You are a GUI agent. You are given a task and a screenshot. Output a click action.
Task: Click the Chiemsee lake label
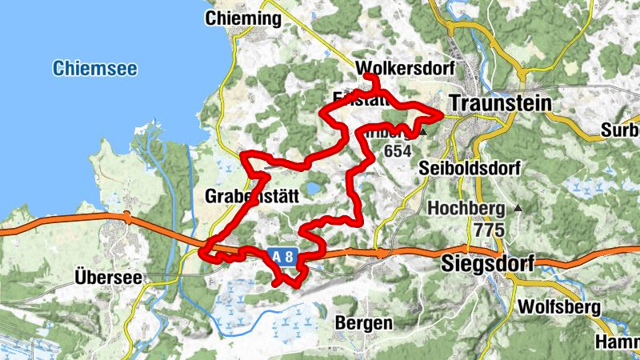tap(91, 68)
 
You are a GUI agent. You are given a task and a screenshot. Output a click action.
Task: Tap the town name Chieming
tap(243, 18)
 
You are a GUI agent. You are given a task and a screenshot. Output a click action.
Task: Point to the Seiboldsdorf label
tap(470, 169)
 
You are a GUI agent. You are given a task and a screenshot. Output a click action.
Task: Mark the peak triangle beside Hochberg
tap(518, 208)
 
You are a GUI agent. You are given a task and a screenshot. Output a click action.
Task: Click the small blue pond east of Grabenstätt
tap(314, 189)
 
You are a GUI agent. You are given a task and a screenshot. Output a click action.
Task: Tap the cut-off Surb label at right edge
tap(622, 130)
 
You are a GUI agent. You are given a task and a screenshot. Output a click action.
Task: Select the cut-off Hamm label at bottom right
tap(617, 342)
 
